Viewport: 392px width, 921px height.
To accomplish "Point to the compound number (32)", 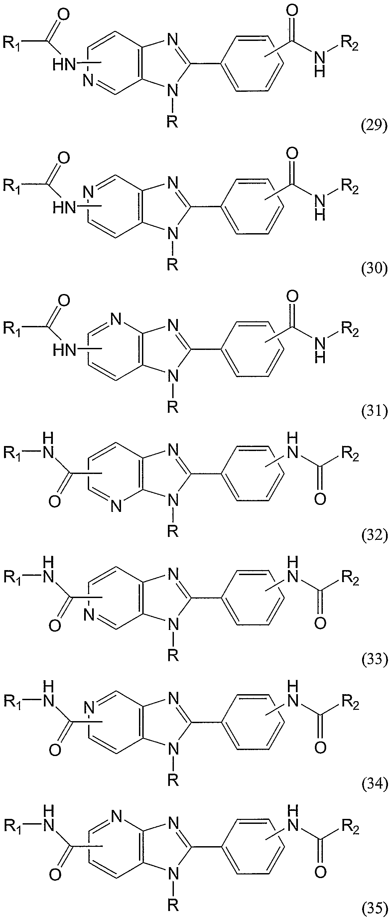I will tap(374, 536).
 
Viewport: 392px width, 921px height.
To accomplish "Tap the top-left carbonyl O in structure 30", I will tap(64, 158).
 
